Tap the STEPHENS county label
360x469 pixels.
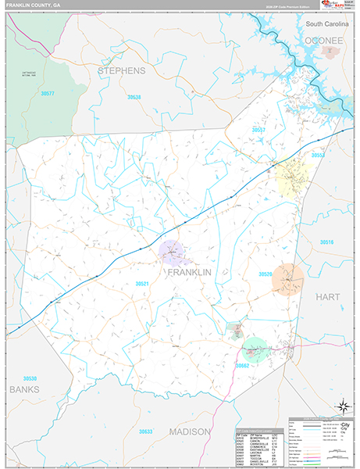pyautogui.click(x=121, y=70)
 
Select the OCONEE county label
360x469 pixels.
pyautogui.click(x=324, y=40)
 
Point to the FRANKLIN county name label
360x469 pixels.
pyautogui.click(x=189, y=272)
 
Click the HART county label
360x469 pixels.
pyautogui.click(x=329, y=297)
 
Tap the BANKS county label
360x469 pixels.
pyautogui.click(x=23, y=388)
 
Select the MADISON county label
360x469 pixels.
pyautogui.click(x=189, y=431)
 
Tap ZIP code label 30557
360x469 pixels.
pyautogui.click(x=258, y=130)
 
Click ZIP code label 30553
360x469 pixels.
pyautogui.click(x=318, y=156)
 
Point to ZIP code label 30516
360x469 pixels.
pyautogui.click(x=326, y=242)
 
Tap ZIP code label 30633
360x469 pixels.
pyautogui.click(x=144, y=431)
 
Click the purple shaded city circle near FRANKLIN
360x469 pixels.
pyautogui.click(x=172, y=252)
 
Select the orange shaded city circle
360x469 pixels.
pyautogui.click(x=287, y=279)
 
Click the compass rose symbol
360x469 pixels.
pyautogui.click(x=341, y=406)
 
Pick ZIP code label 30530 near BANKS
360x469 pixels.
pyautogui.click(x=30, y=378)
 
